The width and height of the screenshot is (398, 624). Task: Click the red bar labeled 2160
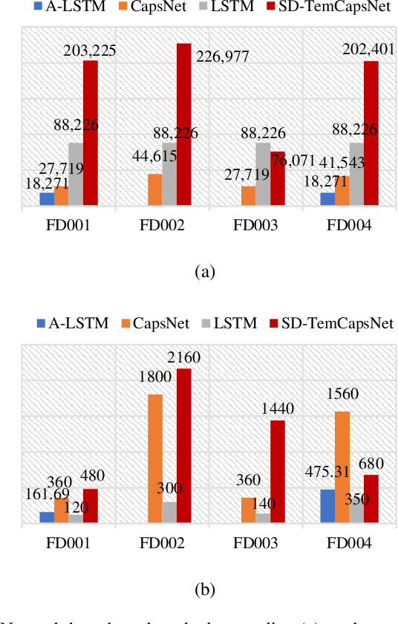tap(183, 446)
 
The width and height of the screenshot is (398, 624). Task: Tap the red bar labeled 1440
tap(278, 472)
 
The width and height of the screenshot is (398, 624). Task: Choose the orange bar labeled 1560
tap(342, 467)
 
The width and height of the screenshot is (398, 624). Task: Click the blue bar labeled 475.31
tap(327, 506)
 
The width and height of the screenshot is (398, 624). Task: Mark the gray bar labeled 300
tap(169, 513)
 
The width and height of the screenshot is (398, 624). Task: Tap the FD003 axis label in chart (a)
tap(256, 226)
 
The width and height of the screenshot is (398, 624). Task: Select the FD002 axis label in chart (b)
tap(163, 542)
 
